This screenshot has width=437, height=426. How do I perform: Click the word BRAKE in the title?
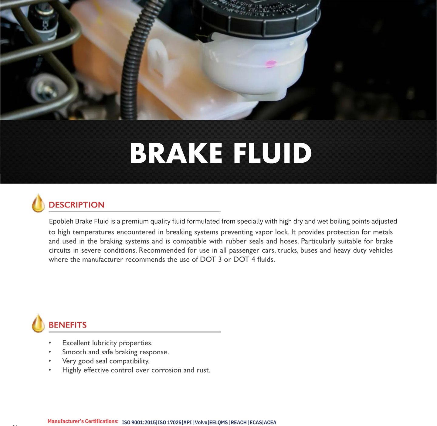(x=176, y=153)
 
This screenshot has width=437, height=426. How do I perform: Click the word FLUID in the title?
(x=273, y=153)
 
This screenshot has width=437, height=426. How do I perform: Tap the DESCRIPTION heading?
(x=76, y=205)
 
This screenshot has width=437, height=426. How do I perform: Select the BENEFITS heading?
(x=68, y=325)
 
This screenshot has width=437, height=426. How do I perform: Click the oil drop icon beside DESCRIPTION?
(x=38, y=203)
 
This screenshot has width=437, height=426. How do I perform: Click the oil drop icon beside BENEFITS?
(x=38, y=323)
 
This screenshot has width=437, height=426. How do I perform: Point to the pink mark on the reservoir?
(x=270, y=64)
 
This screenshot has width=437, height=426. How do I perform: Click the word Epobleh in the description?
(x=61, y=221)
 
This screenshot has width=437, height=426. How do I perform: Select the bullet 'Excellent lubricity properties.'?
(x=107, y=343)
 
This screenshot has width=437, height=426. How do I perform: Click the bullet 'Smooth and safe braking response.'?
(x=115, y=352)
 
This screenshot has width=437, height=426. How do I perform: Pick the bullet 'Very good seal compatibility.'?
(x=106, y=361)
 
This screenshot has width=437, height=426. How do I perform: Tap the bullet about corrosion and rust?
(x=136, y=370)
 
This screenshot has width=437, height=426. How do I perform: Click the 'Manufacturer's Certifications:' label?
(x=83, y=421)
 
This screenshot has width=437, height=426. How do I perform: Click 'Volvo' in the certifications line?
(x=201, y=422)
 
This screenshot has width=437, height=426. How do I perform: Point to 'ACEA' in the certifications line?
(x=270, y=422)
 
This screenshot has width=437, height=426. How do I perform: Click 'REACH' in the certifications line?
(x=239, y=422)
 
